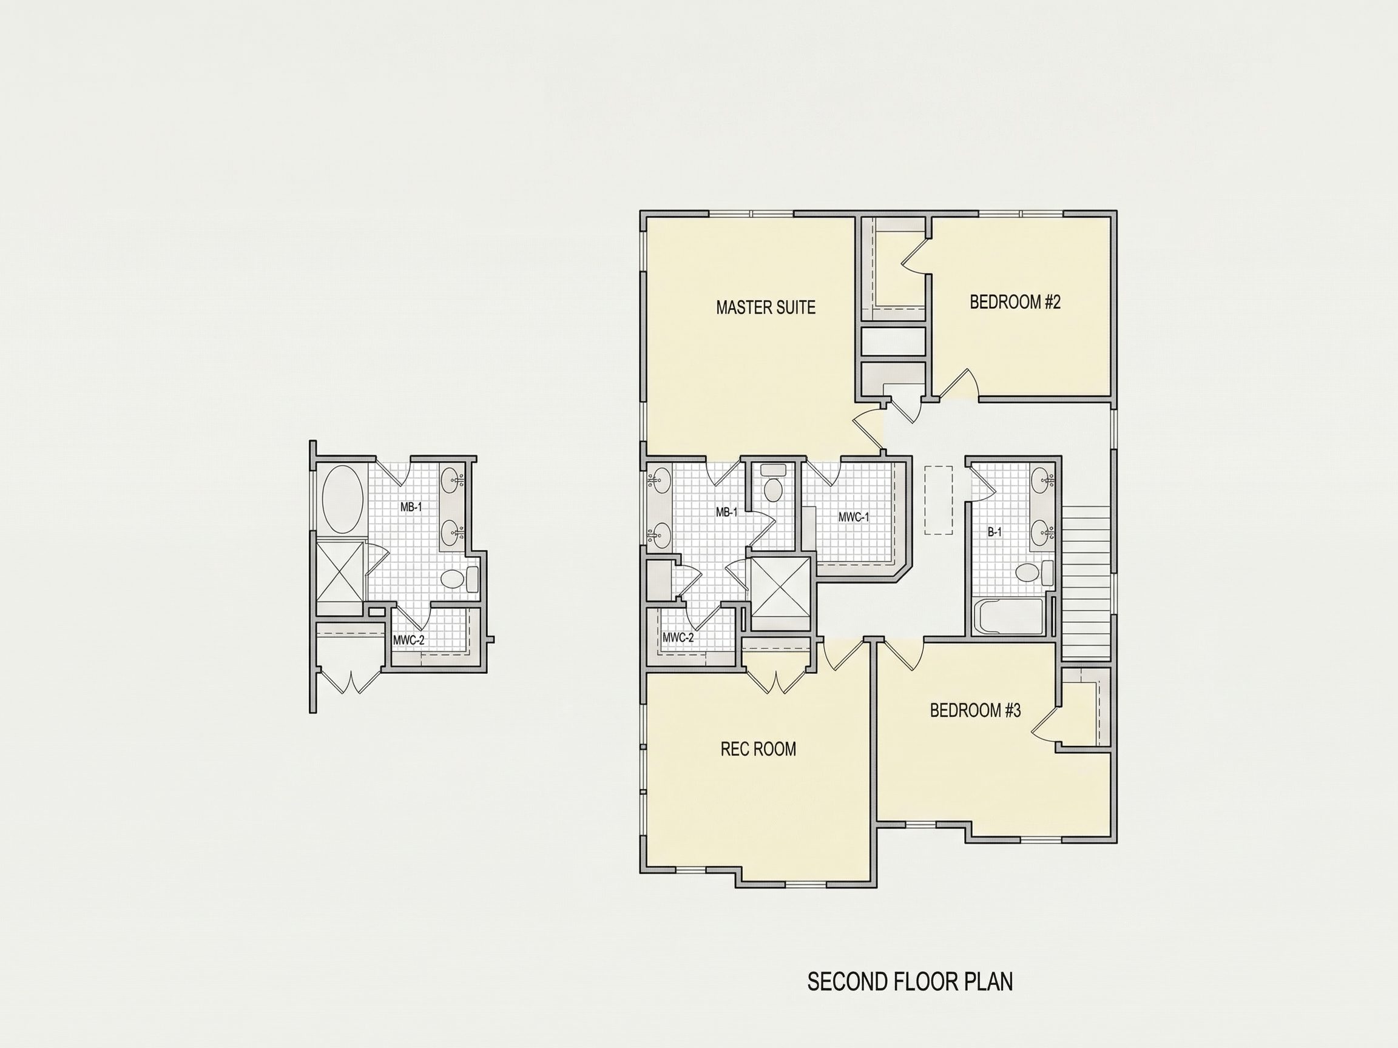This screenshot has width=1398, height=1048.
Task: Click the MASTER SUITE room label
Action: (x=765, y=307)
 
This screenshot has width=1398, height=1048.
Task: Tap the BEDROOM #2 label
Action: (x=1015, y=302)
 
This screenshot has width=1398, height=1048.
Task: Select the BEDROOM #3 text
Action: (x=975, y=711)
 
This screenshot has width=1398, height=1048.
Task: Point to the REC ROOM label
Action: (x=758, y=749)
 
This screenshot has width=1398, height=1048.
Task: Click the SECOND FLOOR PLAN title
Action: (x=910, y=982)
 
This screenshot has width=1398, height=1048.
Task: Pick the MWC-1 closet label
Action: (x=853, y=517)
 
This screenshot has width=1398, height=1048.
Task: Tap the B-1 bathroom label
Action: (x=994, y=532)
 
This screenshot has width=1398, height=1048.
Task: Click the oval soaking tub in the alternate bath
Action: (x=343, y=500)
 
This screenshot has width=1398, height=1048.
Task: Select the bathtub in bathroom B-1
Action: (x=1008, y=616)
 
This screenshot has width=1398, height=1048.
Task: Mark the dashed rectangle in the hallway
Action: (x=939, y=500)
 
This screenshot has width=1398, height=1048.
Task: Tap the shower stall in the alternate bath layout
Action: (x=340, y=571)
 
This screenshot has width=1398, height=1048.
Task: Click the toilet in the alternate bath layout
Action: (x=459, y=579)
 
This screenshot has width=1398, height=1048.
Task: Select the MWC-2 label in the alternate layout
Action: (x=409, y=640)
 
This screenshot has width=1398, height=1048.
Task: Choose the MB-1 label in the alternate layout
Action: (x=411, y=506)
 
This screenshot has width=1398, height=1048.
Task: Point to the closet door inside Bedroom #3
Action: (x=1044, y=723)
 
